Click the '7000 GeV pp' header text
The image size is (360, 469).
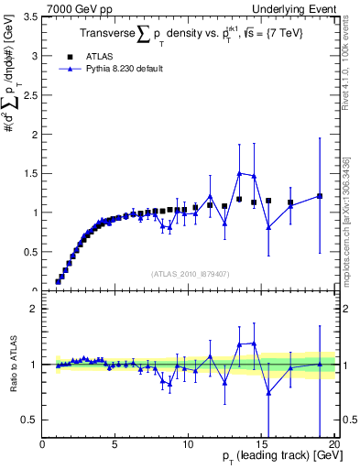[x=74, y=8]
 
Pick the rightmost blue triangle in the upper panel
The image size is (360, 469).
[x=319, y=195]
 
